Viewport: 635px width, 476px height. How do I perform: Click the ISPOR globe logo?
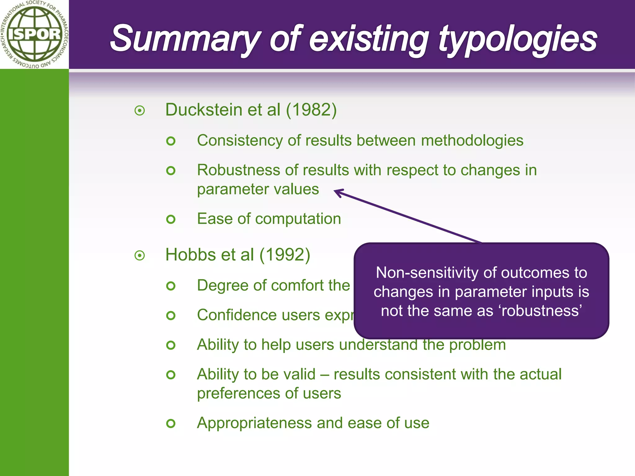coord(34,34)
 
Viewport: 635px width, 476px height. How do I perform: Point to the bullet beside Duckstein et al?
coord(140,110)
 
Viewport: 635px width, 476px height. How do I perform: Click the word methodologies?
coord(472,140)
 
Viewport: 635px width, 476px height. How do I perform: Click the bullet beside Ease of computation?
coord(171,219)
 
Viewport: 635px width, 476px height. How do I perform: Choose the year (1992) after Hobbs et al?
coord(285,255)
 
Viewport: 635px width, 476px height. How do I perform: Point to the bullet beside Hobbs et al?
coord(140,256)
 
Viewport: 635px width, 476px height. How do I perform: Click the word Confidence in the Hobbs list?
coord(237,315)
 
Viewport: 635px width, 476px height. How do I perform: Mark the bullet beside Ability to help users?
coord(171,345)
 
